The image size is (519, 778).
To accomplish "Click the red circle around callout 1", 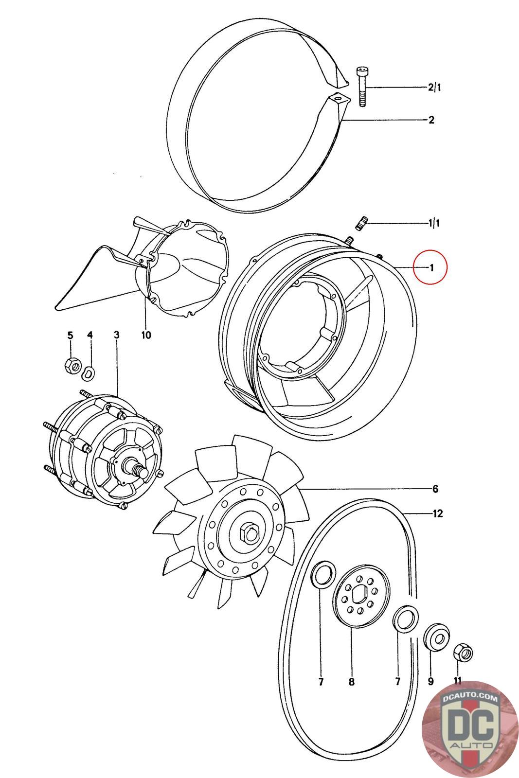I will pyautogui.click(x=430, y=266).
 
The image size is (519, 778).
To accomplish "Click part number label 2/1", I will pyautogui.click(x=434, y=88).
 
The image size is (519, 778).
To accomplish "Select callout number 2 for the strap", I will pyautogui.click(x=431, y=120).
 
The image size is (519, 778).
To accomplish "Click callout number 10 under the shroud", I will pyautogui.click(x=146, y=335).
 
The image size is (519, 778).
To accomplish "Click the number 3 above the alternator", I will pyautogui.click(x=116, y=335).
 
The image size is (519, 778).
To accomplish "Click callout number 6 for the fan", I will pyautogui.click(x=435, y=489).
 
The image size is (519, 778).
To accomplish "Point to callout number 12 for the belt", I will pyautogui.click(x=437, y=513).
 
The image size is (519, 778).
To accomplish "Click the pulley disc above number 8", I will pyautogui.click(x=361, y=598).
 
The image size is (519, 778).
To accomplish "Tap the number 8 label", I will pyautogui.click(x=352, y=682).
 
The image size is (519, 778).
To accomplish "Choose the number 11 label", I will pyautogui.click(x=457, y=682).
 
